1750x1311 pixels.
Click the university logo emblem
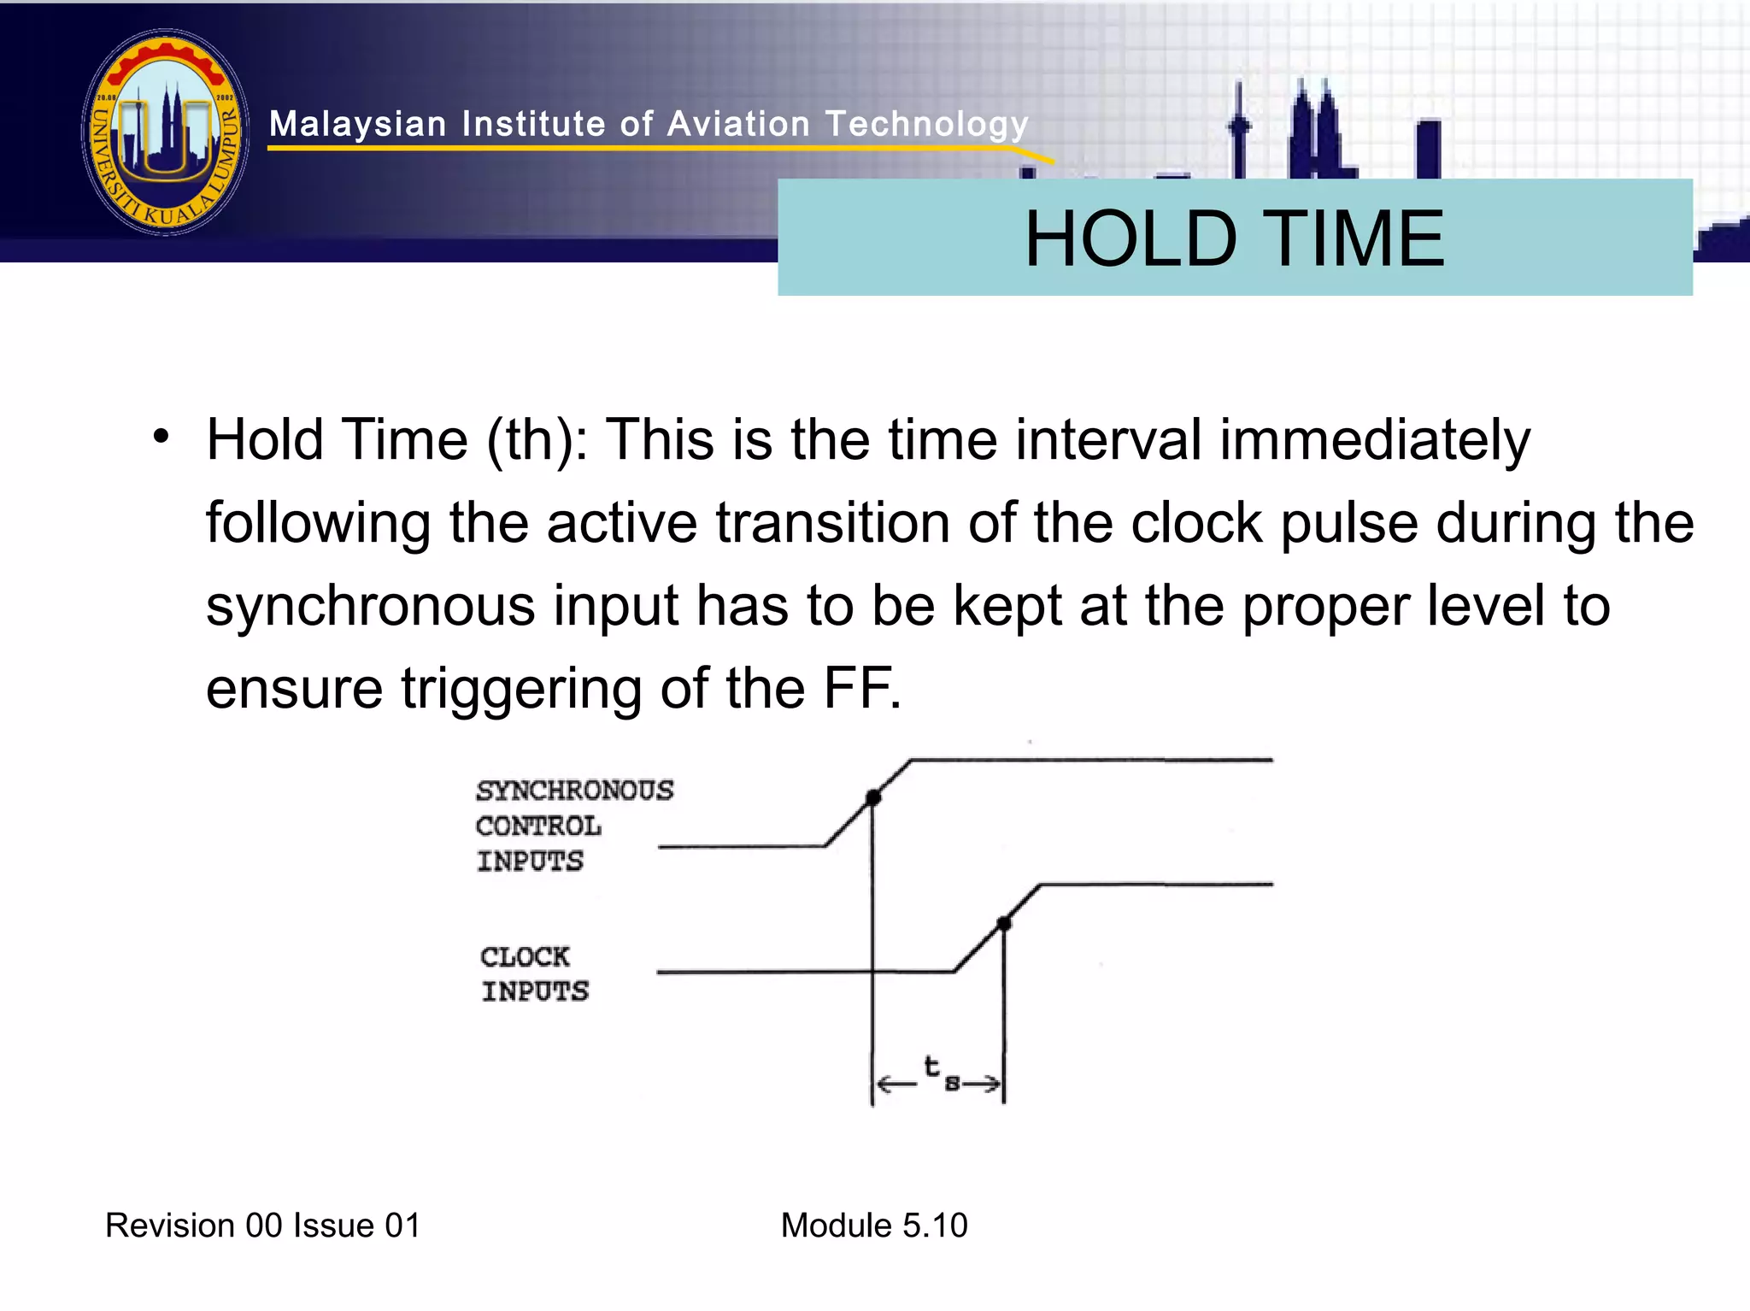(166, 132)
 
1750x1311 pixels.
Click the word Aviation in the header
(737, 124)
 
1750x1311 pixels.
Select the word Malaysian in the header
(357, 124)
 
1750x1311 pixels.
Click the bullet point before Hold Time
(161, 438)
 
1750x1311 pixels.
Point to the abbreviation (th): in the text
(537, 440)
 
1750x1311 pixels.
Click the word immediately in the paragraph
(1374, 440)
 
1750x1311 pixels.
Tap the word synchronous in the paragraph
(370, 607)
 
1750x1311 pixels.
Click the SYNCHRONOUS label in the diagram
(574, 791)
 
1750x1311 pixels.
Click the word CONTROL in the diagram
(538, 826)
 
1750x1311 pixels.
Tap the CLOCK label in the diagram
(524, 956)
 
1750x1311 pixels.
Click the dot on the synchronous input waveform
(872, 797)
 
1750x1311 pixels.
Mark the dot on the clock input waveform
(1005, 923)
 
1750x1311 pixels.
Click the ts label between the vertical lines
(939, 1073)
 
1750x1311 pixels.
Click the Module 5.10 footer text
(873, 1225)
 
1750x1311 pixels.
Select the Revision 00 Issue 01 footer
(262, 1225)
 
